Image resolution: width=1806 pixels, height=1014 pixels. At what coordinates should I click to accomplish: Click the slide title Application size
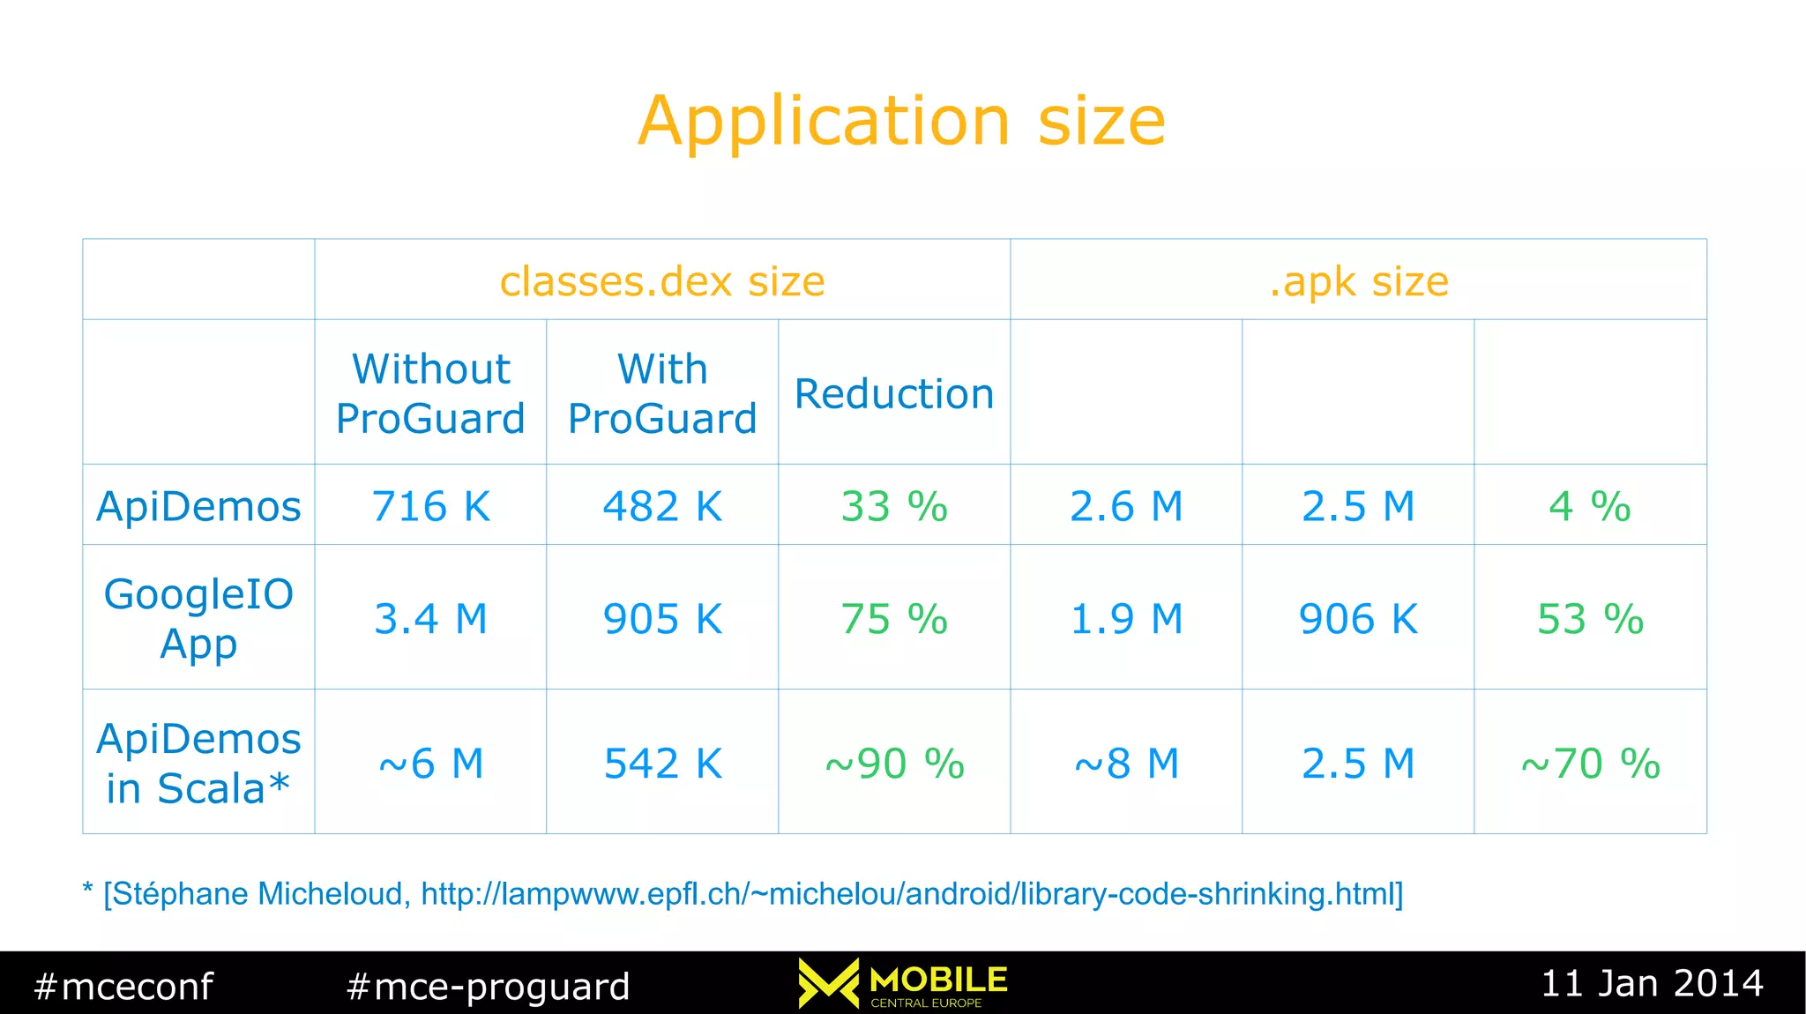click(901, 121)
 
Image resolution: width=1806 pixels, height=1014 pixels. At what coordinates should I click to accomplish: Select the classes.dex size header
click(662, 281)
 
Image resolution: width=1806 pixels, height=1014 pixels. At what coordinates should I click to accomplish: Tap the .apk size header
click(1358, 281)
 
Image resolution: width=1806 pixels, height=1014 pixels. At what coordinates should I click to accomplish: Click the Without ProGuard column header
click(430, 393)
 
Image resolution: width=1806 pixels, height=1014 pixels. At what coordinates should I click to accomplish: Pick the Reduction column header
click(894, 393)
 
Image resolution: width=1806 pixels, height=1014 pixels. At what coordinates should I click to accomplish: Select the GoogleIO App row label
click(198, 618)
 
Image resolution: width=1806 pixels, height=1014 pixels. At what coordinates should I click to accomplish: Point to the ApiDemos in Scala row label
click(198, 763)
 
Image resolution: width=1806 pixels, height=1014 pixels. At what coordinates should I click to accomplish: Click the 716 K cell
click(430, 506)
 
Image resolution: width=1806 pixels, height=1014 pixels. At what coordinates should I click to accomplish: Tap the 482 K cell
click(662, 506)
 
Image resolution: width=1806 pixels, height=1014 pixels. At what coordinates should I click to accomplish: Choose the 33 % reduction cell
click(894, 506)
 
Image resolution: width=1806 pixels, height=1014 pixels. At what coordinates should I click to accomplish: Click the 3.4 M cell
click(430, 618)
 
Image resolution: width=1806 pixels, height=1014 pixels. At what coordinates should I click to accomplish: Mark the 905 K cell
click(662, 618)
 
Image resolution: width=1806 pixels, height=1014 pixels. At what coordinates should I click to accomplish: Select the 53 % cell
click(1590, 618)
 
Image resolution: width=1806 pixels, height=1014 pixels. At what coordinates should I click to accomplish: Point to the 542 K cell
click(662, 763)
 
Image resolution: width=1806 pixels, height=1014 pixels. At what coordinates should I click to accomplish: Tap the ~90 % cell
click(894, 763)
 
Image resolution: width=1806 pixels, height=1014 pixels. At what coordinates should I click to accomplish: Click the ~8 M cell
click(1126, 763)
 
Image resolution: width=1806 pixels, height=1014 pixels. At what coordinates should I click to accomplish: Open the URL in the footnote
click(908, 893)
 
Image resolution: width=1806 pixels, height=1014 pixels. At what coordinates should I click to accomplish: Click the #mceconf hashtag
click(123, 986)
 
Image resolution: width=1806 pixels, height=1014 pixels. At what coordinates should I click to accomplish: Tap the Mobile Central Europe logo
click(903, 983)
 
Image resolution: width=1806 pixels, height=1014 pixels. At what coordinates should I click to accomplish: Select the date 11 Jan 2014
click(1652, 983)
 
